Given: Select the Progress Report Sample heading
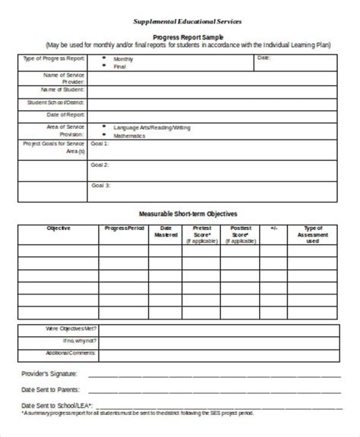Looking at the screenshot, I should tap(181, 37).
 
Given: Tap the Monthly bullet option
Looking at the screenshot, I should tap(124, 58).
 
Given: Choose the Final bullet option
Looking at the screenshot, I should tap(120, 66).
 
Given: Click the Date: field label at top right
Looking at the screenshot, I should tap(264, 58).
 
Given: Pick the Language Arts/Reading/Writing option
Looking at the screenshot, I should tap(153, 127).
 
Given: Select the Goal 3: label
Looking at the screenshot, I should tap(101, 185).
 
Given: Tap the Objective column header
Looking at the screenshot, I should tap(58, 228).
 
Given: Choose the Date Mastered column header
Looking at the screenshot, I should tap(161, 231).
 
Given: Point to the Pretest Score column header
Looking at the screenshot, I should tap(202, 231).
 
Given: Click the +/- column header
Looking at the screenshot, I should tap(273, 228).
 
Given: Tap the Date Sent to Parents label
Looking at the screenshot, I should tap(49, 389).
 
